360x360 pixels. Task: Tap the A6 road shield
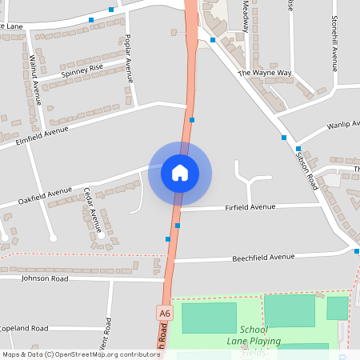coord(165,313)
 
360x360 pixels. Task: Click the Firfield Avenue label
coord(250,207)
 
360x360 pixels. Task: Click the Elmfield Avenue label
coord(43,137)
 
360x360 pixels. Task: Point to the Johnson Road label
coord(46,279)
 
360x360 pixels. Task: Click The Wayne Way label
coord(265,73)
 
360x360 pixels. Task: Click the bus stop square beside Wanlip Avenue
coord(298,149)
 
